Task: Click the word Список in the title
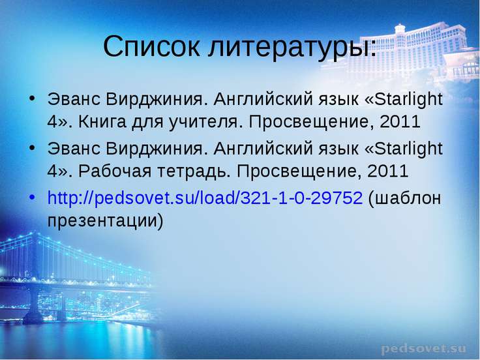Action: click(151, 46)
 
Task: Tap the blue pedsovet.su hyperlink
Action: click(205, 198)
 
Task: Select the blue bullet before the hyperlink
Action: click(32, 198)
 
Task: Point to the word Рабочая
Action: click(115, 172)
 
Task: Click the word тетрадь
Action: click(194, 172)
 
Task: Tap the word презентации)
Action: click(105, 221)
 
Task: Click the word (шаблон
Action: click(405, 198)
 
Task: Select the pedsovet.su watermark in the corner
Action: click(424, 348)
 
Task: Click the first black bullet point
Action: click(32, 98)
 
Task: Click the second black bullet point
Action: click(32, 148)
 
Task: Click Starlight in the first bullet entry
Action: click(408, 100)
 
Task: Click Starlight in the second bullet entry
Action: click(408, 149)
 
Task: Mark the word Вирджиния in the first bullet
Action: click(155, 100)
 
